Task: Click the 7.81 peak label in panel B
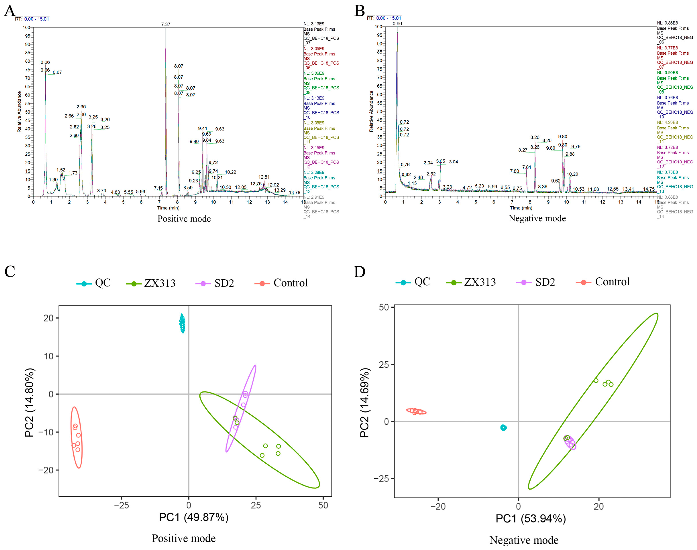(x=527, y=167)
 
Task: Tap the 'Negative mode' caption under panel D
(x=524, y=540)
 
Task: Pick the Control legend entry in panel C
(x=281, y=283)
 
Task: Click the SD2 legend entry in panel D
(x=536, y=282)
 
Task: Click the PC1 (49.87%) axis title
(x=194, y=517)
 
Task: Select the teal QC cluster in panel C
(x=182, y=323)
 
